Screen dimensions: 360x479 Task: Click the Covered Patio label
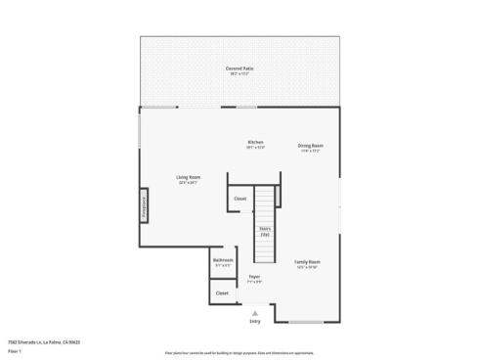coord(240,69)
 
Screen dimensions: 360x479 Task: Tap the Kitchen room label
coord(255,142)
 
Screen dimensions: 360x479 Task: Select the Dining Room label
coord(311,146)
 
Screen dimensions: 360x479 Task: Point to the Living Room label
coord(189,177)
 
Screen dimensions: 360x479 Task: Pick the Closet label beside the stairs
coord(240,199)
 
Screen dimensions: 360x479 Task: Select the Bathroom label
coord(223,260)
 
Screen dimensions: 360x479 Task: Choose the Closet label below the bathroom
coord(222,292)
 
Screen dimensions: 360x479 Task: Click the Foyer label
coord(254,277)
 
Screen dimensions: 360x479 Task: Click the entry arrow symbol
coord(255,312)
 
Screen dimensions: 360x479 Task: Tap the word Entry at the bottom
coord(255,321)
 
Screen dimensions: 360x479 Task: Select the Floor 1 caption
coord(16,350)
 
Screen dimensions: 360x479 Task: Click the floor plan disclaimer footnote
coord(239,349)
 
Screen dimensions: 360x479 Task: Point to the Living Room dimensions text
coord(189,182)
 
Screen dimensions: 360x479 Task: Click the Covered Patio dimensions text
coord(240,74)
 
